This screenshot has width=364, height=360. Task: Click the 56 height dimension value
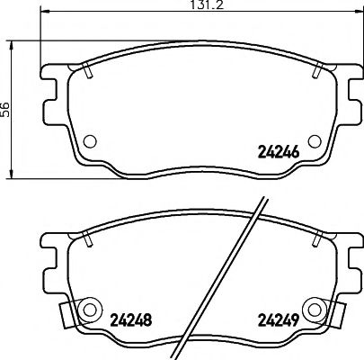click(x=6, y=108)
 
